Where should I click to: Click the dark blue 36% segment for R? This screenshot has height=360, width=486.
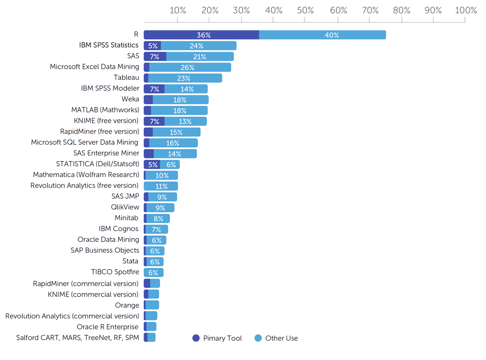click(x=201, y=35)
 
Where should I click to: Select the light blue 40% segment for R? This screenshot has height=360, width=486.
click(x=322, y=35)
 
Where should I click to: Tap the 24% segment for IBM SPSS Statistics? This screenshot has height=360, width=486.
click(x=199, y=46)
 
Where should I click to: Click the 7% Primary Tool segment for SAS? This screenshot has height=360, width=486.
click(x=155, y=57)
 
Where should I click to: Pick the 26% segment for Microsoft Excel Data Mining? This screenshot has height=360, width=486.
click(x=190, y=68)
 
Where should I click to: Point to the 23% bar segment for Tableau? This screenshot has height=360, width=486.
click(x=185, y=78)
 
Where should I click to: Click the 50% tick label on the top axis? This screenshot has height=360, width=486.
click(x=306, y=11)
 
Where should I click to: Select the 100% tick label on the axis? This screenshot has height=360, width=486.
click(x=466, y=11)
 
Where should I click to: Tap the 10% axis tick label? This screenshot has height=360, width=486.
click(x=178, y=11)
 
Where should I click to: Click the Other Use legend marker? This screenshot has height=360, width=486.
click(x=258, y=338)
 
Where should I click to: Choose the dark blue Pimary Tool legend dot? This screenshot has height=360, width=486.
click(x=196, y=338)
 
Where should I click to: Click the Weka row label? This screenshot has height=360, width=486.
click(x=130, y=99)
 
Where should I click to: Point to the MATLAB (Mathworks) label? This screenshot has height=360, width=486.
click(x=105, y=110)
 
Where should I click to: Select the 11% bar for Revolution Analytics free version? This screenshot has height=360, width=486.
click(x=161, y=186)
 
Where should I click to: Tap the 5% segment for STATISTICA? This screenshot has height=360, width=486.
click(x=152, y=165)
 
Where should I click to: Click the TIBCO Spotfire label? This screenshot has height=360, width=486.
click(x=115, y=272)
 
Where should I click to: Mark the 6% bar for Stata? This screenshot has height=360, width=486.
click(x=155, y=262)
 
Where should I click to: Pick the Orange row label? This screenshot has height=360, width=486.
click(x=127, y=305)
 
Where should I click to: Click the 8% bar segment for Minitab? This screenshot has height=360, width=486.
click(x=158, y=219)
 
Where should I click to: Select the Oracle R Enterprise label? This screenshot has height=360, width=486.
click(x=107, y=327)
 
